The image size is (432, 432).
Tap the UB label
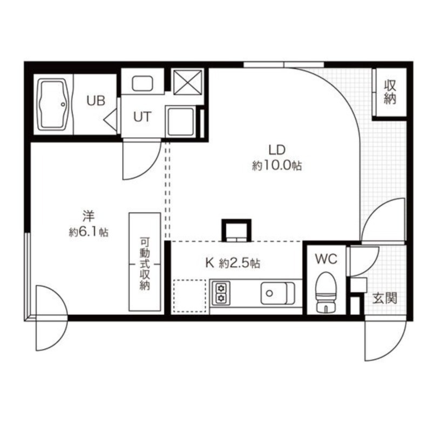click(x=94, y=100)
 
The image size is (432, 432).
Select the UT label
click(x=142, y=116)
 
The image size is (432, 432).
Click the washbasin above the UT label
click(x=143, y=83)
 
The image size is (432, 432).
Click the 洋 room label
click(x=88, y=217)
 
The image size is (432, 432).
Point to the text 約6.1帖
click(x=89, y=233)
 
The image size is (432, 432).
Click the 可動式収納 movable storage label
click(x=144, y=264)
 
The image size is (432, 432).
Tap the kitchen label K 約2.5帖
click(x=233, y=264)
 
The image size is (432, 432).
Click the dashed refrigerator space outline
click(x=190, y=296)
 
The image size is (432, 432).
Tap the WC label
click(x=326, y=259)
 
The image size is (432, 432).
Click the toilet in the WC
click(x=325, y=292)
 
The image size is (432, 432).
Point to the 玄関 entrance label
click(x=385, y=298)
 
